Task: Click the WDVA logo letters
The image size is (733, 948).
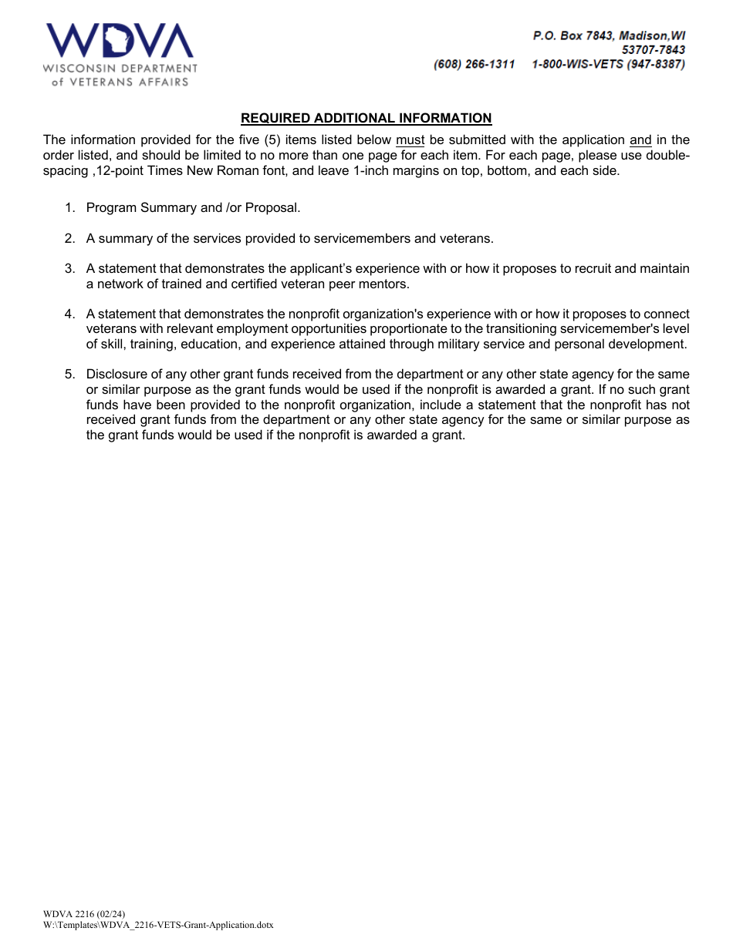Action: point(120,41)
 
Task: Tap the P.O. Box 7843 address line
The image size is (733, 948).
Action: point(609,35)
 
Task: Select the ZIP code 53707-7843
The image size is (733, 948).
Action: point(653,50)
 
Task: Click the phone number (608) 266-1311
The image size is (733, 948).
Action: point(474,65)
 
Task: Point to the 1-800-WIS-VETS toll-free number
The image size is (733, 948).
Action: point(608,65)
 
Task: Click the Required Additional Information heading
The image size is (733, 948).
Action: point(366,118)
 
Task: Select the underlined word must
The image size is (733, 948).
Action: point(410,140)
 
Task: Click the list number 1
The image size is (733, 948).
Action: point(69,207)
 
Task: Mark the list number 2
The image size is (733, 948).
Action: point(69,238)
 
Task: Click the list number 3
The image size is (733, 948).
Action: point(69,268)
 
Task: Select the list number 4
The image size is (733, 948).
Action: point(69,314)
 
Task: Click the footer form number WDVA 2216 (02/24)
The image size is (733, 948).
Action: point(79,914)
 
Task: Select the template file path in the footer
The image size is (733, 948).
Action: point(158,925)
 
